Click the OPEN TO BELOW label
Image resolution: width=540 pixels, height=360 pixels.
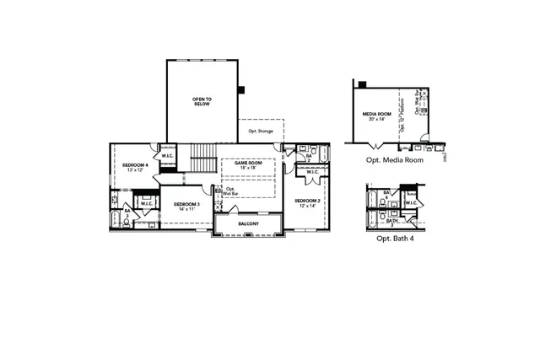pos(202,101)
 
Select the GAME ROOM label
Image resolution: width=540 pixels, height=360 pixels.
pos(248,163)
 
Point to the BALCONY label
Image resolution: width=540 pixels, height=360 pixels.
pos(248,223)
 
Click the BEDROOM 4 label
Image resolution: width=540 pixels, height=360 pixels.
pos(135,164)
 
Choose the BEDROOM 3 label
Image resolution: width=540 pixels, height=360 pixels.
pos(186,204)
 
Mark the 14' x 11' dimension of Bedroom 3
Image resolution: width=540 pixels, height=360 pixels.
pos(186,210)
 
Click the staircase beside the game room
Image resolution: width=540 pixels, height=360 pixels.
pos(202,156)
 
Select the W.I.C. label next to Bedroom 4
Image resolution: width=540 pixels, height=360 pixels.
pos(167,156)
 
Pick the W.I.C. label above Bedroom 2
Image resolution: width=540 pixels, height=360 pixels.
pos(311,173)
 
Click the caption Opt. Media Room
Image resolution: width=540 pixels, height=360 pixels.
pos(394,160)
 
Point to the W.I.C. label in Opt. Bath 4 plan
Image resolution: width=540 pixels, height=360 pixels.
pos(411,202)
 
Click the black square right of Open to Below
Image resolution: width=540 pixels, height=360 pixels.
pos(240,89)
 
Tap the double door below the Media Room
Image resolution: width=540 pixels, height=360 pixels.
pos(373,148)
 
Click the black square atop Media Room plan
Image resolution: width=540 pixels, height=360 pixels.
pos(362,83)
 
